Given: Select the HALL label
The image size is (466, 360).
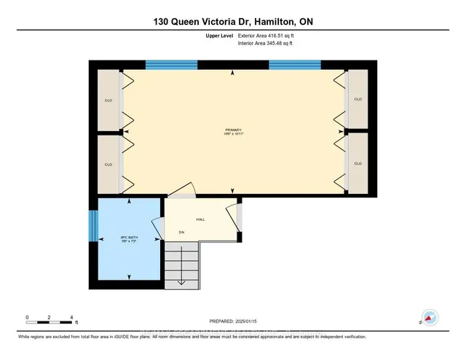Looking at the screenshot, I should pos(200,218).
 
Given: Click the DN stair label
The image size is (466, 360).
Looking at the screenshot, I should pos(183,233).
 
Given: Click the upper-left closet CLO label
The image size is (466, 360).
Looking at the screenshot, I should pos(108,99).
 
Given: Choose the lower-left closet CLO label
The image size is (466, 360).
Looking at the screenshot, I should pos(108,164).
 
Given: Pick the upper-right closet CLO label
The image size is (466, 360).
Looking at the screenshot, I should pos(358,99).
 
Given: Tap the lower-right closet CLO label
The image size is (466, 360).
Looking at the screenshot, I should pos(358,164).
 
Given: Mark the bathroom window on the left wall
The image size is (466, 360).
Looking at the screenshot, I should pos(92,226).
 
